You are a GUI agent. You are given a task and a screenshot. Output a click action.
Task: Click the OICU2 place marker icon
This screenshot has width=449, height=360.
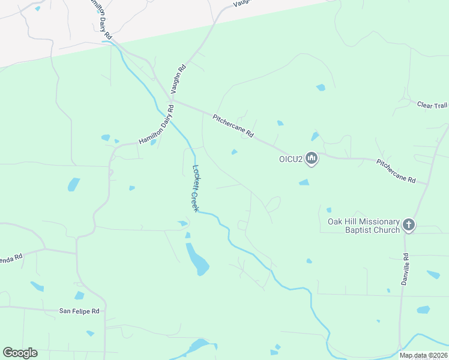(x=311, y=158)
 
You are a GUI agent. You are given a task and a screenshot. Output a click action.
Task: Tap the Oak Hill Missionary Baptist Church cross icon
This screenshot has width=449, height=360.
(x=409, y=225)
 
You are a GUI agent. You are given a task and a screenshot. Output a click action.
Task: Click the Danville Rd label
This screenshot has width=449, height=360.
(x=407, y=268)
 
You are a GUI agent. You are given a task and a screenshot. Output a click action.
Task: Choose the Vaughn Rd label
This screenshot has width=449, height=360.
(x=179, y=78)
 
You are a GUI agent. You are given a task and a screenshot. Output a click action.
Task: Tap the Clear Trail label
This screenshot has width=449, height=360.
(x=432, y=105)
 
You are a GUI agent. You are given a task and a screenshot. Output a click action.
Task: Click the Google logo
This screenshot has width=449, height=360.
(x=20, y=353)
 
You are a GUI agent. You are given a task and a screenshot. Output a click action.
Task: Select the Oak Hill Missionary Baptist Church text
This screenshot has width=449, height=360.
(x=364, y=226)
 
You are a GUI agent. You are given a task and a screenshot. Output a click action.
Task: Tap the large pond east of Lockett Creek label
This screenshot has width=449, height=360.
(x=197, y=259)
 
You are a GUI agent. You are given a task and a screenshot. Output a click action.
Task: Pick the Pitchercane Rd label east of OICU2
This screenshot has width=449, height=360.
(x=396, y=171)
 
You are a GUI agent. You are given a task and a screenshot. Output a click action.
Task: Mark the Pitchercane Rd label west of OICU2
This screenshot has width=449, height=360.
(x=234, y=125)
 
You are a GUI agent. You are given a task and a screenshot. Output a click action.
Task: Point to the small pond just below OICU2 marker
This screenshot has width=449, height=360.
(x=304, y=182)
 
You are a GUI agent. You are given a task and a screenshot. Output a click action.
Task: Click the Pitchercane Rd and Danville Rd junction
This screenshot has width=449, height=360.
(x=427, y=184)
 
